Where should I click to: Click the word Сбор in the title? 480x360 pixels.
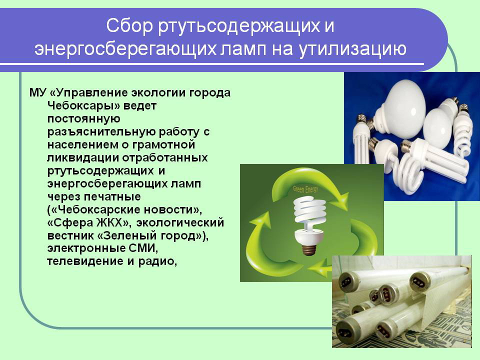[x=129, y=25]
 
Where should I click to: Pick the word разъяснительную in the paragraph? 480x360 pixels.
[x=101, y=131]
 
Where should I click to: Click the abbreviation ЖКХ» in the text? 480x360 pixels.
[x=112, y=222]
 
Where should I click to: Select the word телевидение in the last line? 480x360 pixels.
[x=81, y=261]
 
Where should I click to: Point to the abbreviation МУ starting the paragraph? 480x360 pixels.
[x=37, y=93]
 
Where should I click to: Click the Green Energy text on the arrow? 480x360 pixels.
[x=305, y=189]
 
